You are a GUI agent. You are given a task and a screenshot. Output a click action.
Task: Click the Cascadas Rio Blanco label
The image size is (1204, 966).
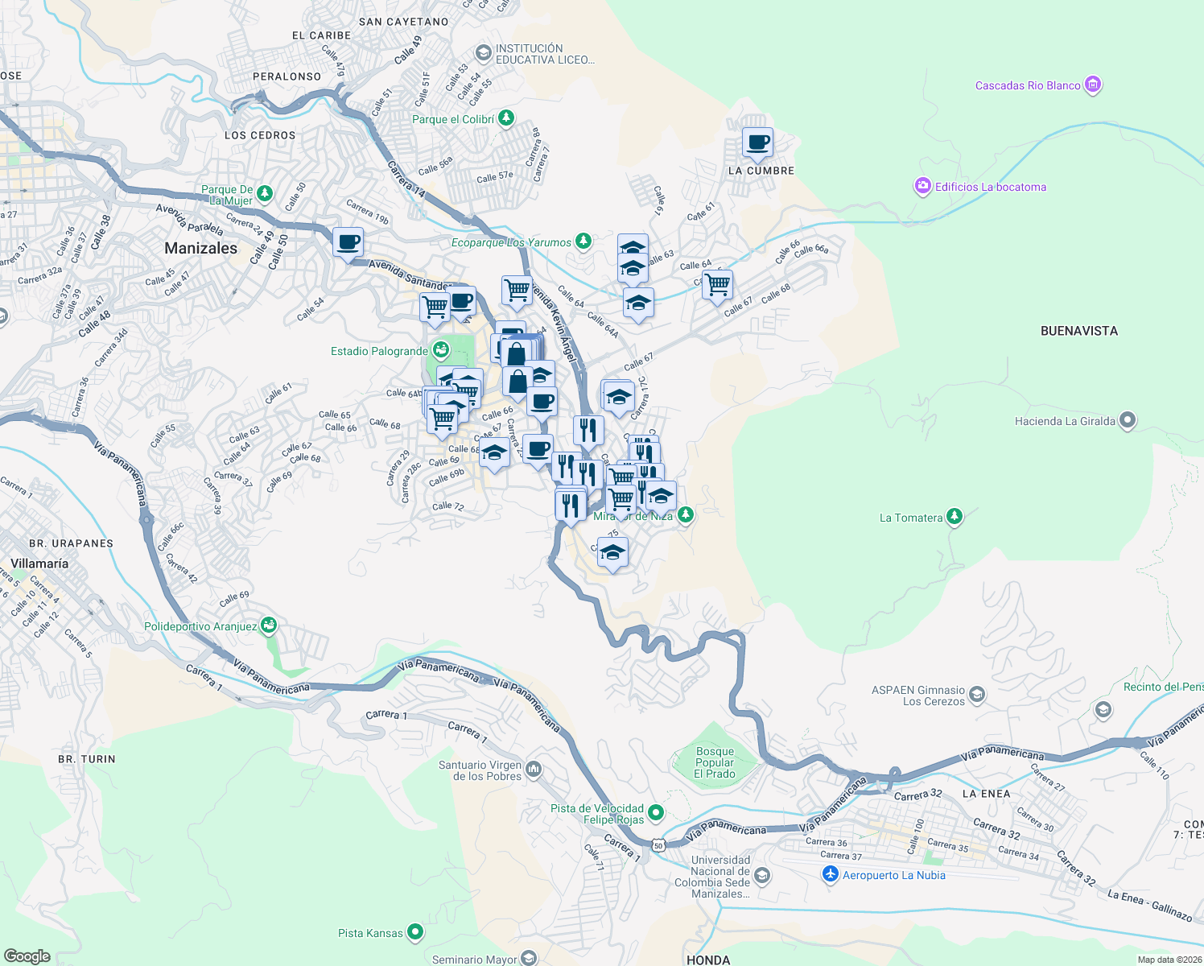tap(1028, 85)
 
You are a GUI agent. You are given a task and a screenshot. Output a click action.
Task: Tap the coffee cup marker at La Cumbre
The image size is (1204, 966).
tap(757, 143)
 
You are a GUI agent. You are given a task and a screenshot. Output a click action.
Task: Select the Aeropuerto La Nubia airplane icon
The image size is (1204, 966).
tap(831, 875)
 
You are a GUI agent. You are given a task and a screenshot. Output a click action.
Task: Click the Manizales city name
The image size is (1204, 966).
tap(201, 248)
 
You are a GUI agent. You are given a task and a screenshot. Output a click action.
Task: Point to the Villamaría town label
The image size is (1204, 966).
tap(39, 563)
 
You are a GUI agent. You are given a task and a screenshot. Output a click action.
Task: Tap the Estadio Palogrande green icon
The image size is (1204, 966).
tap(440, 350)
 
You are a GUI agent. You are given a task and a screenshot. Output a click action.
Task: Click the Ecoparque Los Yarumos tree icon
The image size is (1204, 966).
tap(583, 242)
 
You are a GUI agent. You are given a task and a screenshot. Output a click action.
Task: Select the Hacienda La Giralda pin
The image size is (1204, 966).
tap(1128, 420)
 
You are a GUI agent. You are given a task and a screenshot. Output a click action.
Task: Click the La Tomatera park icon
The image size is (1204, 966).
tap(955, 517)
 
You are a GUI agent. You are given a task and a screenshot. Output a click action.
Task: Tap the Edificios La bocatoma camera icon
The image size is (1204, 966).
tap(922, 187)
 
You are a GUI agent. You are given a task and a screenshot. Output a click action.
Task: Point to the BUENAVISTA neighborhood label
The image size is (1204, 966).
tap(1078, 331)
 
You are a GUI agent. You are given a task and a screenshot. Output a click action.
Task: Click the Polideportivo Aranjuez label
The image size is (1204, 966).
tap(200, 626)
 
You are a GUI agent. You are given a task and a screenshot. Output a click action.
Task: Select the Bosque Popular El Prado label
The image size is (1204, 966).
tap(715, 762)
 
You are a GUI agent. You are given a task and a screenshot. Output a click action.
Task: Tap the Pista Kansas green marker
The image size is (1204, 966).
tap(415, 932)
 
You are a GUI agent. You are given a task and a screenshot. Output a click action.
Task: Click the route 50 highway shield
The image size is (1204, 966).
tap(659, 845)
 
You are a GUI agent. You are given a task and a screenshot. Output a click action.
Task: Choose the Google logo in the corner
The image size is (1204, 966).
tap(27, 956)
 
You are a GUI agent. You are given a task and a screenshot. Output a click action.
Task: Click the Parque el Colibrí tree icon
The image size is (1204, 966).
tap(505, 119)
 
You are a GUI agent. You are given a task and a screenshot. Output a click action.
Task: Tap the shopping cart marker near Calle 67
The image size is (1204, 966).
tap(717, 284)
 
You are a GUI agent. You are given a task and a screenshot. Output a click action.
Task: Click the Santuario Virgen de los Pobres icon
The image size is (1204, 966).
tap(534, 770)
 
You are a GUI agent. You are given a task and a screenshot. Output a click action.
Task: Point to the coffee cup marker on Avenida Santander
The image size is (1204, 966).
tap(348, 242)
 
